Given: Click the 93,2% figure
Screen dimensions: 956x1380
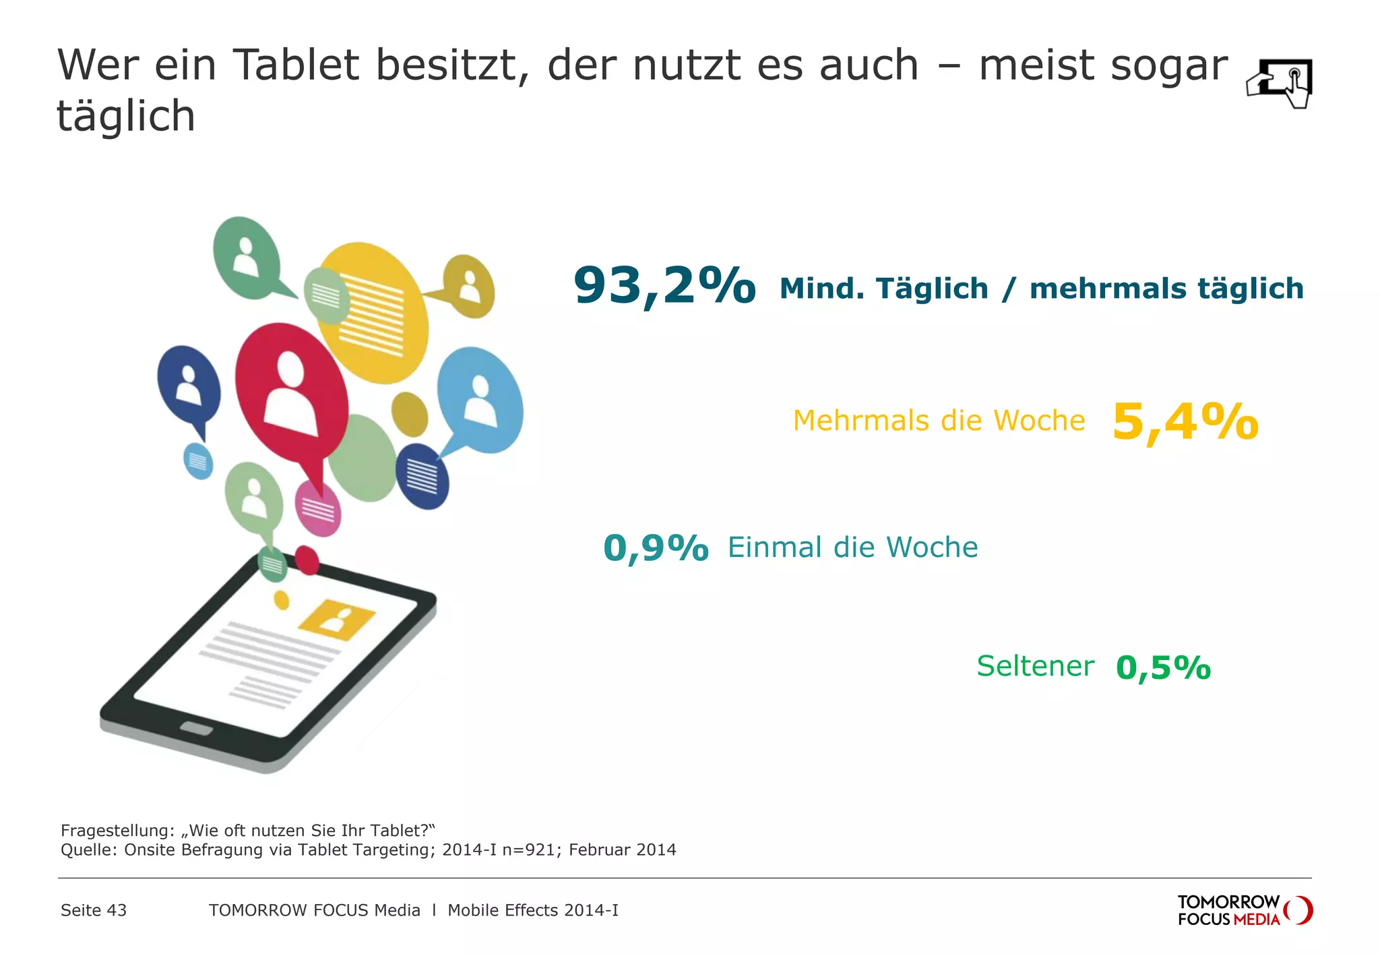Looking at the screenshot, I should (x=664, y=286).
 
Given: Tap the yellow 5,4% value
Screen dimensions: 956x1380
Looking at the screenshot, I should (x=1185, y=422).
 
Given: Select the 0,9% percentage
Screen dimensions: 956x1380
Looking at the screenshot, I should (x=656, y=547).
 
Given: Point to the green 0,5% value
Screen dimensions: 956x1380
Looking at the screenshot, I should (x=1163, y=667).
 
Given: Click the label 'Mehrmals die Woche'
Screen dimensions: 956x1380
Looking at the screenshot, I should (x=939, y=421).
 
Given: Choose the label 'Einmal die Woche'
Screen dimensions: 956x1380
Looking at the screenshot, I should (x=852, y=547).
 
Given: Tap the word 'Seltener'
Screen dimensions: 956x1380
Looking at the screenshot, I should (x=1035, y=666).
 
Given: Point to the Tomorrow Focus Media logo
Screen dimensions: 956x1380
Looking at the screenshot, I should (x=1244, y=910).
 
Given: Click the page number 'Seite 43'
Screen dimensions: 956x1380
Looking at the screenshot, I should (x=94, y=910).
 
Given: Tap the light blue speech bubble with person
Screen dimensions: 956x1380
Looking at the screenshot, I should (x=480, y=399).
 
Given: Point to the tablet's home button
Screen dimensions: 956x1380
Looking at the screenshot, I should (x=196, y=729).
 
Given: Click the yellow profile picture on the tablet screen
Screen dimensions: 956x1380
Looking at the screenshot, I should (x=336, y=619).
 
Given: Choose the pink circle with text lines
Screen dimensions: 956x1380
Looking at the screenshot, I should (x=318, y=509).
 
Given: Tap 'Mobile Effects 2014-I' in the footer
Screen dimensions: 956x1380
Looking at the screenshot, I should (x=532, y=910).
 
